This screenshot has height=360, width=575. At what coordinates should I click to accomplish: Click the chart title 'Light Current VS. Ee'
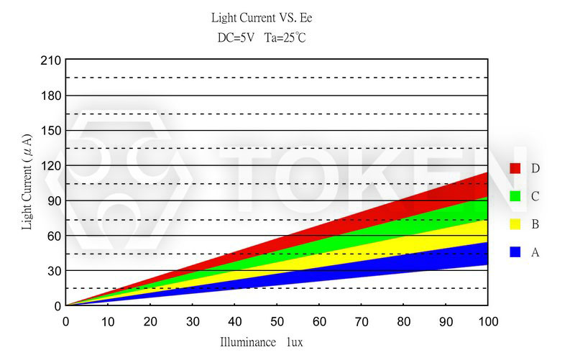(262, 17)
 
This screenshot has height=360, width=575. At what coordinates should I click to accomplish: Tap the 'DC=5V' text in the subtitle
(236, 37)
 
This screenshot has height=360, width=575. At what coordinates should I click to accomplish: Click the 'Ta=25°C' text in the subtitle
(286, 37)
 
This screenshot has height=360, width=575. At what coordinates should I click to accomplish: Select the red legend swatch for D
(515, 168)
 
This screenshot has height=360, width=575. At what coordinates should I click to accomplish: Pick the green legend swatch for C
(515, 196)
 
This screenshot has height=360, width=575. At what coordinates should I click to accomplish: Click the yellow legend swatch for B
(515, 224)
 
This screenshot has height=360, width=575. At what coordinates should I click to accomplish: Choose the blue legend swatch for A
(515, 252)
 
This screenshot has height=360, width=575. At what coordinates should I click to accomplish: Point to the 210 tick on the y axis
(50, 60)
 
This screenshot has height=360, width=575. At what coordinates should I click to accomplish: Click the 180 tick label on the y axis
(50, 96)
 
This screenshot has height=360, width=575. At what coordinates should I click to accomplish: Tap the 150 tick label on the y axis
(50, 131)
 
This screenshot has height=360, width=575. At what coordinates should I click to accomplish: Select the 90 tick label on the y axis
(52, 200)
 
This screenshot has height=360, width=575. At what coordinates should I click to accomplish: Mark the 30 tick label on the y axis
(52, 271)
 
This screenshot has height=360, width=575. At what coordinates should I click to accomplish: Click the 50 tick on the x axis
(277, 320)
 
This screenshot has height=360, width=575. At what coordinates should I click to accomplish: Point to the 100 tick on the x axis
(487, 320)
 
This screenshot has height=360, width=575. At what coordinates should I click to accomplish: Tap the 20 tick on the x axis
(150, 320)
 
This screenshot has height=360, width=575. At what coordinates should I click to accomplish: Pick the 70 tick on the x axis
(361, 320)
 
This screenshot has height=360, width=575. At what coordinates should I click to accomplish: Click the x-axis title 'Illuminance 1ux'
(262, 343)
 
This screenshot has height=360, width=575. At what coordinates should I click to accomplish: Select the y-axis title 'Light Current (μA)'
(27, 181)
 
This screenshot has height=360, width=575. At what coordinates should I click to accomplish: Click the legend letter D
(535, 168)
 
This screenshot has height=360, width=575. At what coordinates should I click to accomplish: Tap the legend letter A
(535, 252)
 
